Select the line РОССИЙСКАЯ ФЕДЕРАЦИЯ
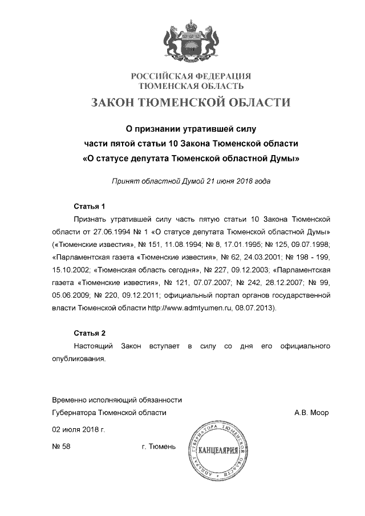[x=191, y=76]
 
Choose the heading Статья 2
[x=90, y=333]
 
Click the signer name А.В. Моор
[x=311, y=413]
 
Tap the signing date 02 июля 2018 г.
[x=78, y=429]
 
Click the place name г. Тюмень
[x=159, y=446]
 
